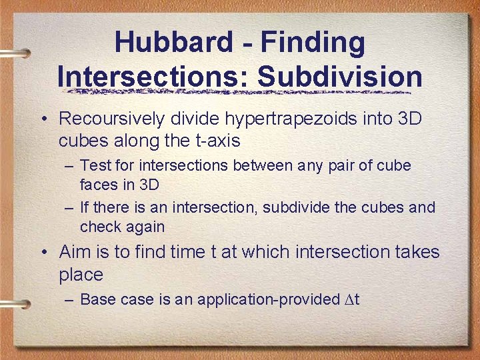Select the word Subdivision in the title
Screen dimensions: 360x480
pyautogui.click(x=340, y=77)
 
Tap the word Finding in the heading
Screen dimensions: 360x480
pyautogui.click(x=313, y=43)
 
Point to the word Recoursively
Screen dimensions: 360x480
pyautogui.click(x=113, y=119)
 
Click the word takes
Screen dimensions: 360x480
pyautogui.click(x=417, y=252)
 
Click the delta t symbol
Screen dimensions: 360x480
pyautogui.click(x=353, y=299)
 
